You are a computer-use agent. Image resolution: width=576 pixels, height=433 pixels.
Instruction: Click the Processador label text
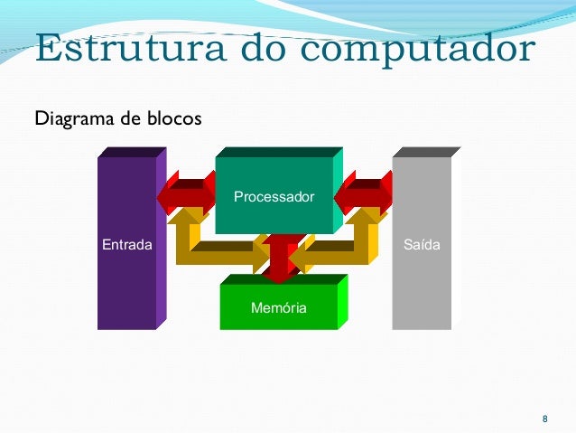click(274, 196)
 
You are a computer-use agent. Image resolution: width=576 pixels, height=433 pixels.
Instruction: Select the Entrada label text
click(126, 245)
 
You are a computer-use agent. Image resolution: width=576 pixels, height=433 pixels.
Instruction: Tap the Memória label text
click(278, 308)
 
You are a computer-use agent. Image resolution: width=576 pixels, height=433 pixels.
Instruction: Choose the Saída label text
click(422, 245)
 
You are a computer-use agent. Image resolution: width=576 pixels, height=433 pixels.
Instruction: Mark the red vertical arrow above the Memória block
click(280, 259)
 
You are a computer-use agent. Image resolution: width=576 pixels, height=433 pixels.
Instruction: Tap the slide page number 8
click(543, 419)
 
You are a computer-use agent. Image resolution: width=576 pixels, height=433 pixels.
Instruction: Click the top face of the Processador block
click(279, 152)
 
